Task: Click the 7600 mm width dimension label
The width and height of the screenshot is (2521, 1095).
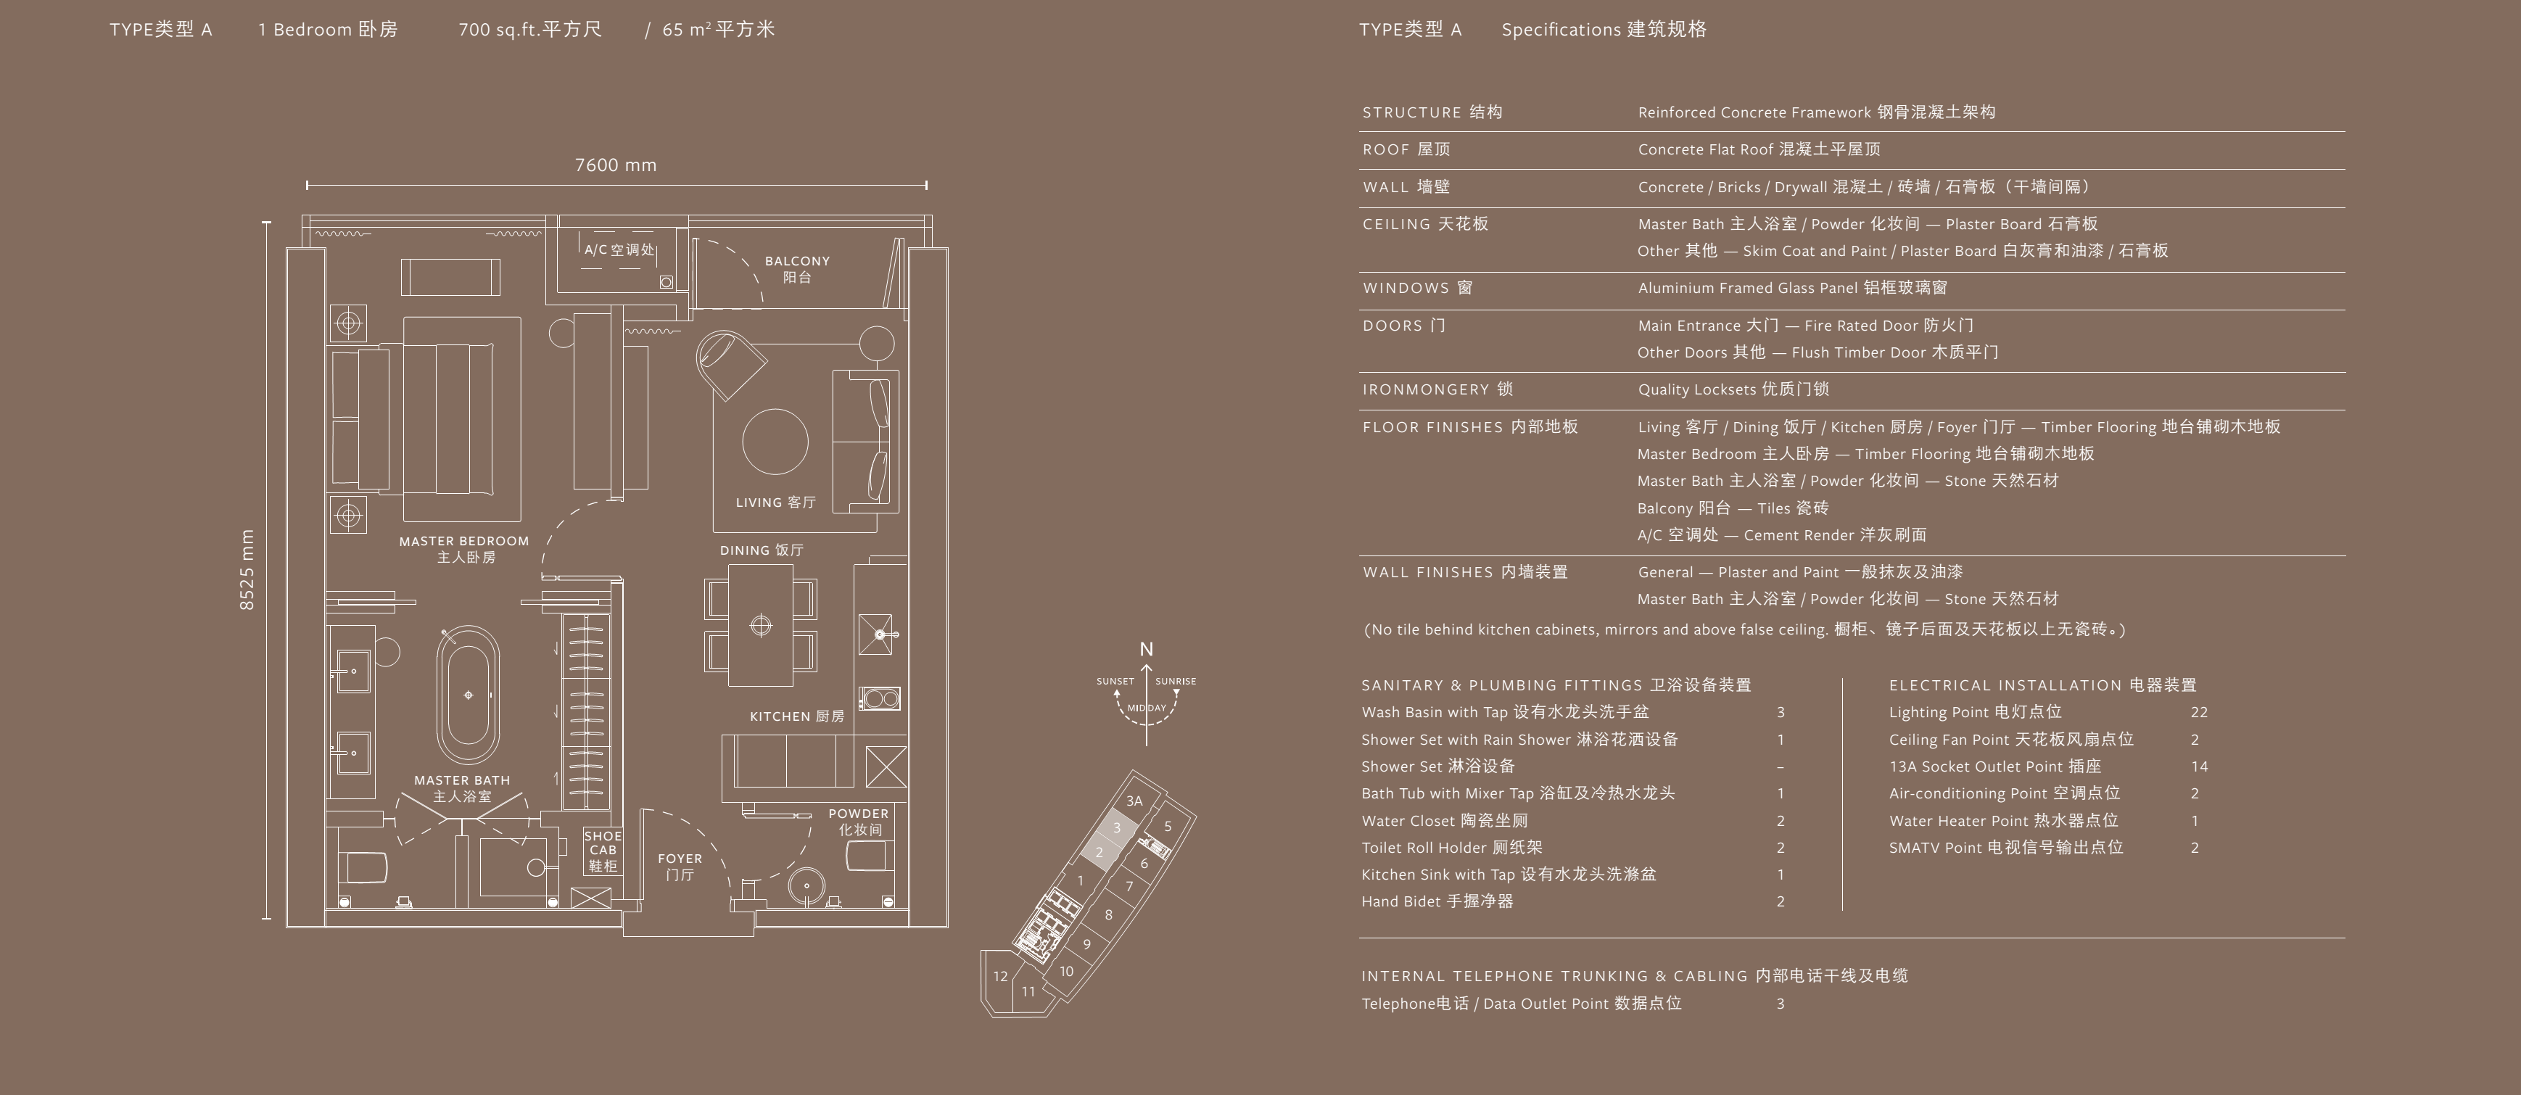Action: [x=616, y=165]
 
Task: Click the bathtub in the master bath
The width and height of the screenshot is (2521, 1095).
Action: [x=468, y=695]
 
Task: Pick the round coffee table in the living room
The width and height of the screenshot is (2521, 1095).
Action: [x=775, y=442]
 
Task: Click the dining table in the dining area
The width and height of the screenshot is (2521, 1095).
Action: [x=760, y=625]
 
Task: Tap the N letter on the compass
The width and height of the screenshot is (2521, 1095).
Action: [x=1146, y=649]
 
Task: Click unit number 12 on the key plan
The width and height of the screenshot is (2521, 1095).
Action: [x=1000, y=975]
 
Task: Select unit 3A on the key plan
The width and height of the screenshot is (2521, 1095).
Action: [x=1134, y=801]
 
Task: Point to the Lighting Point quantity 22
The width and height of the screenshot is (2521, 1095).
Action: [x=2199, y=712]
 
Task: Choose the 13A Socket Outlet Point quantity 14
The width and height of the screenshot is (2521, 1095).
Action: [x=2199, y=766]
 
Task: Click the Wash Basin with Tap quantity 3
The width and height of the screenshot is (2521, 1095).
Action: [x=1781, y=712]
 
